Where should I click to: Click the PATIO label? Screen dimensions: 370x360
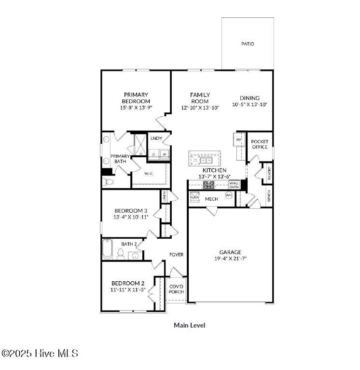(248, 44)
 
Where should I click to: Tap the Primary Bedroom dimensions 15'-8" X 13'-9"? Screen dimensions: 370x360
(136, 108)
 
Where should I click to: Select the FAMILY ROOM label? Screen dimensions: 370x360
(200, 98)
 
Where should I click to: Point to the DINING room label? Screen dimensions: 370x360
(249, 98)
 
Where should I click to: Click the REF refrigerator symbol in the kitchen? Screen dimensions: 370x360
(239, 139)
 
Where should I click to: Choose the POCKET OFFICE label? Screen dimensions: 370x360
(260, 144)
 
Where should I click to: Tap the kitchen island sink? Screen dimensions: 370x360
(206, 160)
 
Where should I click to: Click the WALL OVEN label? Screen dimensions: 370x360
(234, 185)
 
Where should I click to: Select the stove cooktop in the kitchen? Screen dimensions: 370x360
(208, 185)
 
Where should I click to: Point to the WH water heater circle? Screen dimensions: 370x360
(229, 195)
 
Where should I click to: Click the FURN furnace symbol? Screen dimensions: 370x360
(194, 197)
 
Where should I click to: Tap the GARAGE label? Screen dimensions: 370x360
(230, 252)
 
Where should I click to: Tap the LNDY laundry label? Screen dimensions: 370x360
(156, 138)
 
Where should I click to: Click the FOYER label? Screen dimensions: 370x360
(176, 255)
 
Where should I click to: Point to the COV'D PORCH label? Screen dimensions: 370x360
(176, 288)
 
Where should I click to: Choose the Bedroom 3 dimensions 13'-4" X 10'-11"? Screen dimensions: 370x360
(131, 217)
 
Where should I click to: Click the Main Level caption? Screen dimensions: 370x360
(189, 326)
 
